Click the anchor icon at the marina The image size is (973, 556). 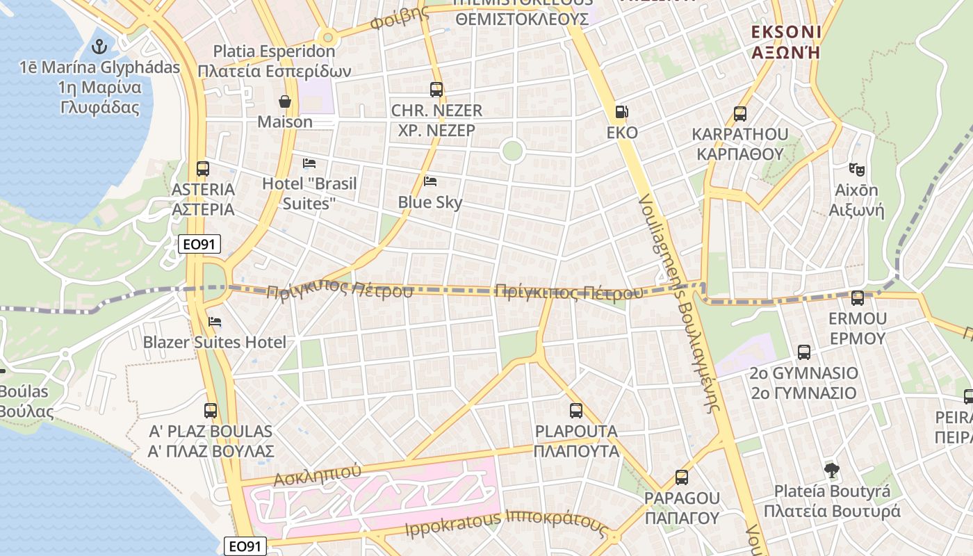tap(100, 47)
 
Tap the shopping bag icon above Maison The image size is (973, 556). tap(285, 101)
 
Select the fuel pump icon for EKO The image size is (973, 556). tap(621, 112)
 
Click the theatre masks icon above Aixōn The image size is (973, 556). tap(857, 169)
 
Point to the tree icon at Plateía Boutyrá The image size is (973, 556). tap(831, 471)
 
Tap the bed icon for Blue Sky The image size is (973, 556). tap(430, 181)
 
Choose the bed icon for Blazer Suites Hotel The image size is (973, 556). tap(215, 322)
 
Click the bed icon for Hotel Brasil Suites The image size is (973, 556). tap(309, 163)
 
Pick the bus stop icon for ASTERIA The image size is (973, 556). tap(203, 168)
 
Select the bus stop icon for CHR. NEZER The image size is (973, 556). tap(436, 90)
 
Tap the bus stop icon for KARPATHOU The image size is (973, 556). tap(740, 113)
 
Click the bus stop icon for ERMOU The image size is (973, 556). tap(858, 298)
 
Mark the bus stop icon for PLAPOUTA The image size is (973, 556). tap(576, 411)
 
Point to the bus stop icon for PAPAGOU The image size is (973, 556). tap(682, 477)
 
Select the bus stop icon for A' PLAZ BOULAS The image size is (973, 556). tap(211, 411)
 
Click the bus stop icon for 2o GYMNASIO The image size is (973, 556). tap(804, 352)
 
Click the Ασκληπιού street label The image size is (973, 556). tap(317, 475)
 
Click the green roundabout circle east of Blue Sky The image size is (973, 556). tap(512, 151)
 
